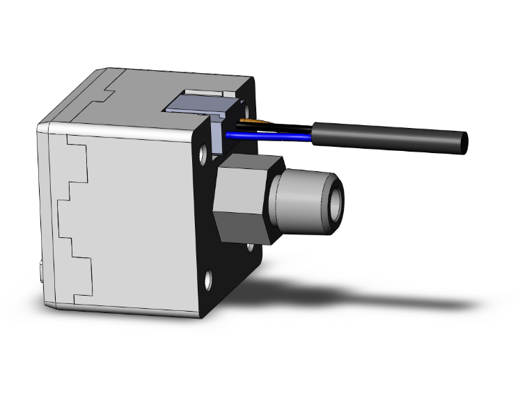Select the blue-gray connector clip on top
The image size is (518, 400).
pyautogui.click(x=191, y=104)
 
